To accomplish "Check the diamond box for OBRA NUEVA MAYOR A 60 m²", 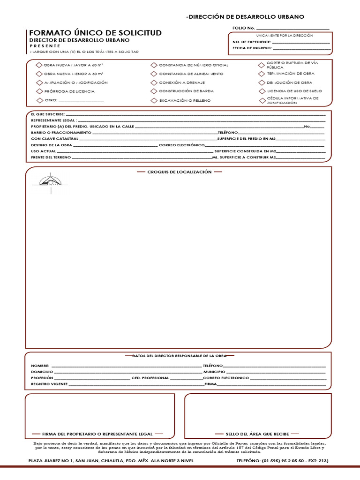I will click(x=39, y=65).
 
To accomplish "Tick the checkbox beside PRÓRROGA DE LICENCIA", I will click(x=39, y=91).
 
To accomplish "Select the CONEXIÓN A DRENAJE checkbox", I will click(x=154, y=82).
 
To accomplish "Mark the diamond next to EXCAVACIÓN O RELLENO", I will click(x=154, y=100).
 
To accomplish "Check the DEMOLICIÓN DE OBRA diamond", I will click(x=262, y=82).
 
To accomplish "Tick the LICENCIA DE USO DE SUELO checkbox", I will click(x=262, y=91).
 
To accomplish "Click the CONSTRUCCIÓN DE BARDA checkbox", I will click(x=154, y=91).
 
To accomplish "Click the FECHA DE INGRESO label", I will click(x=252, y=48).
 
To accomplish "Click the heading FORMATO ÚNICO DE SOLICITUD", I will click(x=95, y=33).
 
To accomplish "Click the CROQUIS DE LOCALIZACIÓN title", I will click(x=179, y=172).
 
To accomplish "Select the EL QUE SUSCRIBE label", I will click(x=45, y=114).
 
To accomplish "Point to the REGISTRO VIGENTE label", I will click(x=49, y=384).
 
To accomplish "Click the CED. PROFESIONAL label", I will click(x=150, y=378).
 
